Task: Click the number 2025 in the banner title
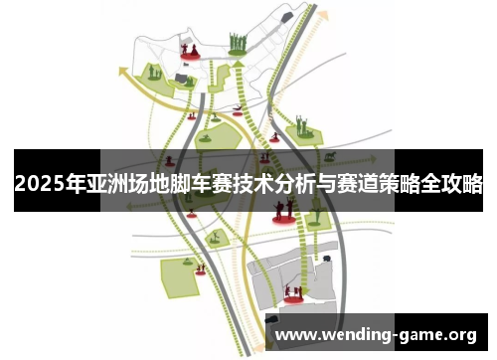[x=37, y=183]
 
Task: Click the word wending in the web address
[x=352, y=333]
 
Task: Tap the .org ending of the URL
[x=460, y=333]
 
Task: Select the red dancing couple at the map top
[x=188, y=51]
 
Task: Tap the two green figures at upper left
[x=154, y=71]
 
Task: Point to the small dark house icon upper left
[x=180, y=78]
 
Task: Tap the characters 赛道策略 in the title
[x=379, y=183]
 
